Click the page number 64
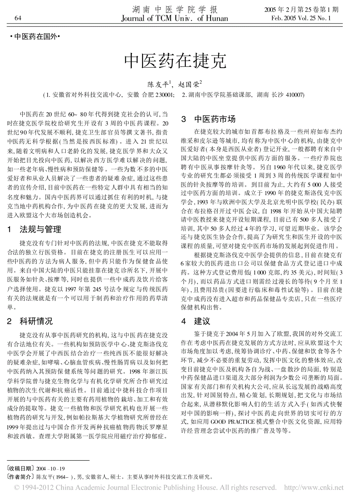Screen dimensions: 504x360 pyautogui.click(x=18, y=18)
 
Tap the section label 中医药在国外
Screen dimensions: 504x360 pyautogui.click(x=34, y=38)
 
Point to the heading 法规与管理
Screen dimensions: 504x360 pyautogui.click(x=40, y=229)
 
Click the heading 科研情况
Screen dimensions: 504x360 pyautogui.click(x=36, y=321)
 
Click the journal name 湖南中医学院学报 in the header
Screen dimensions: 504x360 pyautogui.click(x=175, y=10)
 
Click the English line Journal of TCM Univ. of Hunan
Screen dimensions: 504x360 pyautogui.click(x=175, y=18)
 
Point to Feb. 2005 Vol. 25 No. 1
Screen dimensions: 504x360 pyautogui.click(x=301, y=18)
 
